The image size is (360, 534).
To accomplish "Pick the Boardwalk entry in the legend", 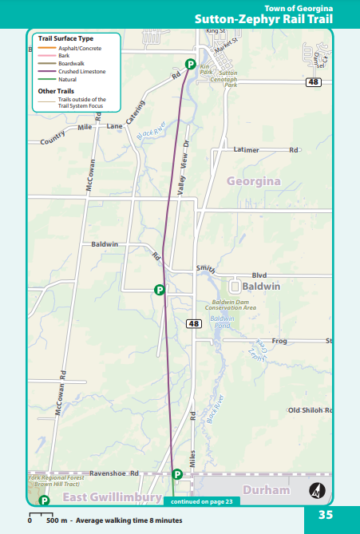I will pos(72,63).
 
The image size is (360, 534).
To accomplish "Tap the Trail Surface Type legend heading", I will pos(65,38).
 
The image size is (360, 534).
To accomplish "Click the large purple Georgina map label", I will pos(253,182).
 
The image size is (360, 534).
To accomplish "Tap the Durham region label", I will pos(266,490).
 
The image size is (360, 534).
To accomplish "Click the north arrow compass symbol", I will pos(316,489).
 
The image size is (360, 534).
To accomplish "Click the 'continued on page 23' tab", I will pos(200,501).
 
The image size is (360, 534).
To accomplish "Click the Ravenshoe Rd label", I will pos(115,472).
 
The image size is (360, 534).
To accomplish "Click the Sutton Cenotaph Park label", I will pos(227,78).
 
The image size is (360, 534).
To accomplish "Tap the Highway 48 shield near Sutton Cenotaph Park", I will pos(313,81).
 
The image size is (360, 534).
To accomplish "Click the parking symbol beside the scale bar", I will pos(45,500).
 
